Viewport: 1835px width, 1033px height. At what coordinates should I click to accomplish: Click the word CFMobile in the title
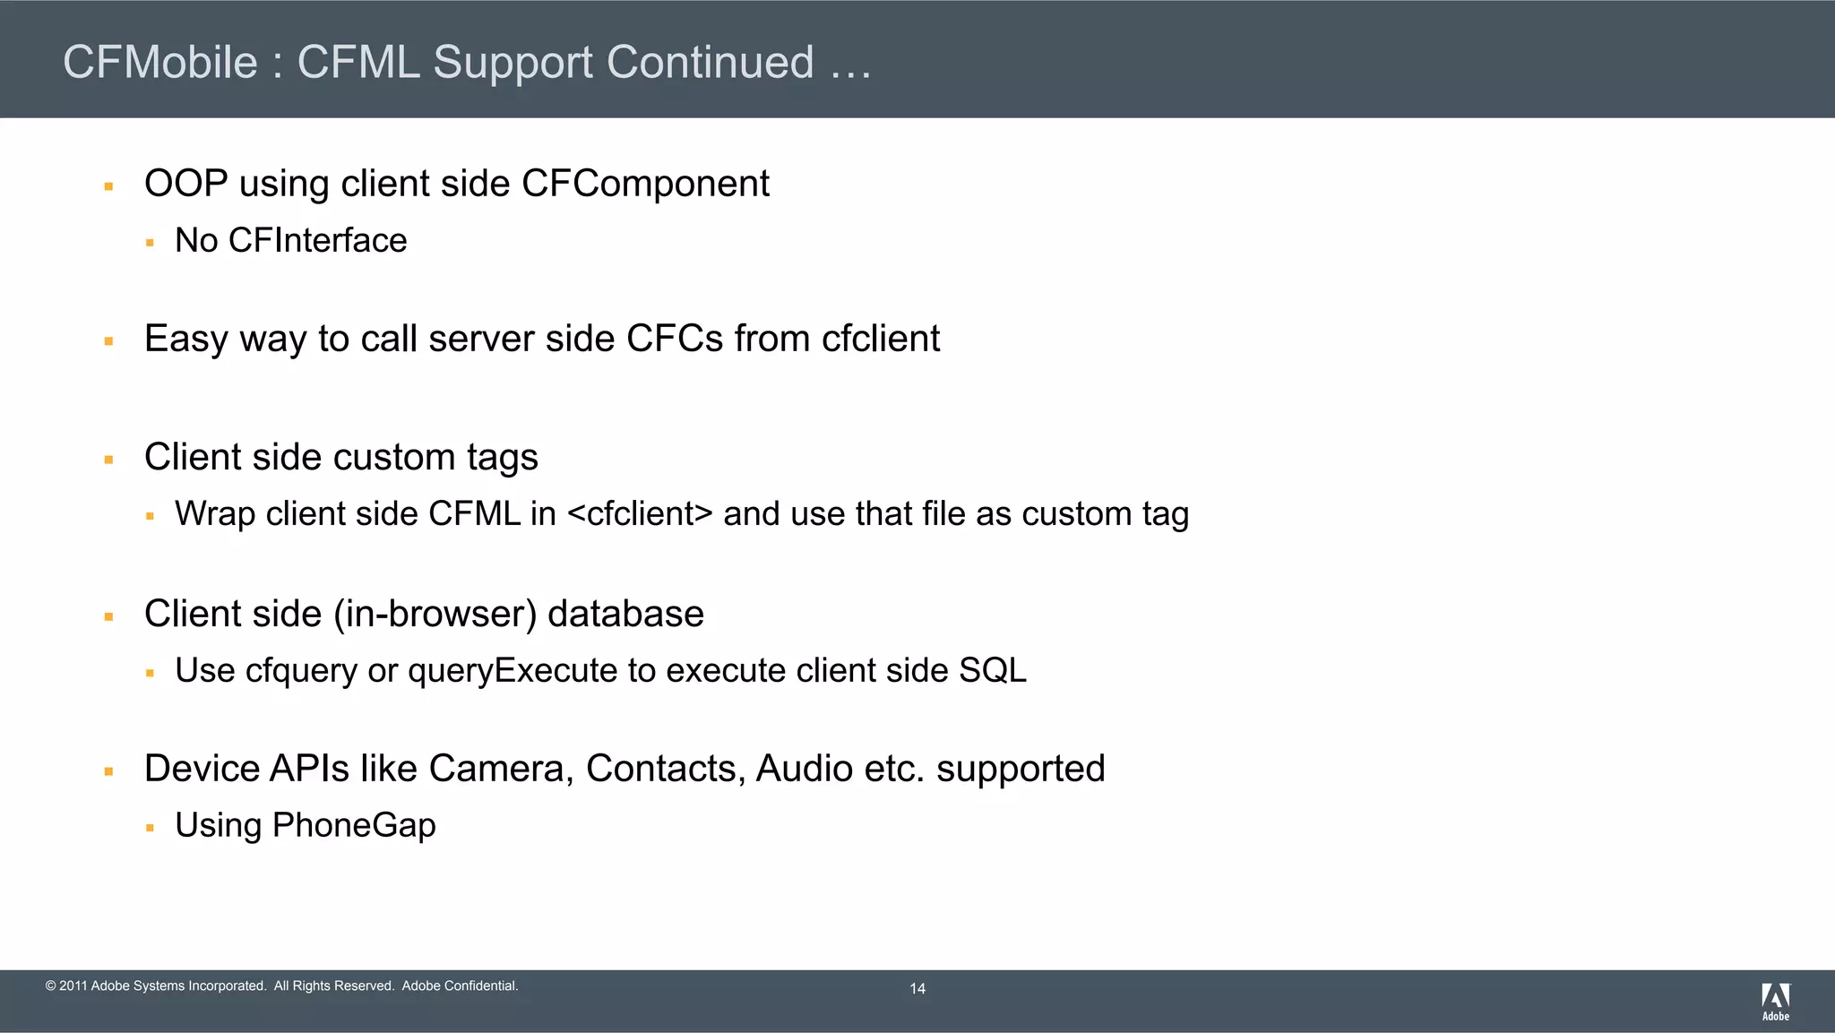click(160, 63)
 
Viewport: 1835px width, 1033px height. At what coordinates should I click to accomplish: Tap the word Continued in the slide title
click(710, 63)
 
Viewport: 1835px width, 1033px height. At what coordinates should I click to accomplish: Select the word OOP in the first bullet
click(185, 184)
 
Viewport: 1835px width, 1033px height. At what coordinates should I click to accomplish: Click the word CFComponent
click(645, 184)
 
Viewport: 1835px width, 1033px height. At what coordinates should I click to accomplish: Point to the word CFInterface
click(317, 240)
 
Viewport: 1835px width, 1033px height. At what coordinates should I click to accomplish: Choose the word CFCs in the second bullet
click(674, 339)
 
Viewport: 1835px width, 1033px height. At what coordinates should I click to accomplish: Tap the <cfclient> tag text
click(640, 514)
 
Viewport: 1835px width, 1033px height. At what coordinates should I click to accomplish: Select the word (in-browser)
click(435, 615)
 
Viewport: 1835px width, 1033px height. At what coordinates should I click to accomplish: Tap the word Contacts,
click(666, 769)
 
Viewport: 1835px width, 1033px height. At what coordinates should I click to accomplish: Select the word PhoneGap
click(354, 825)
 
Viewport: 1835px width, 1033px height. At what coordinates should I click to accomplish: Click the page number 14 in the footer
click(917, 989)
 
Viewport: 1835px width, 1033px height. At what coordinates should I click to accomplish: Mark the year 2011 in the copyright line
click(73, 986)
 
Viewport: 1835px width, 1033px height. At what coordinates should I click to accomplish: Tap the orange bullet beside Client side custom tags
click(108, 461)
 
